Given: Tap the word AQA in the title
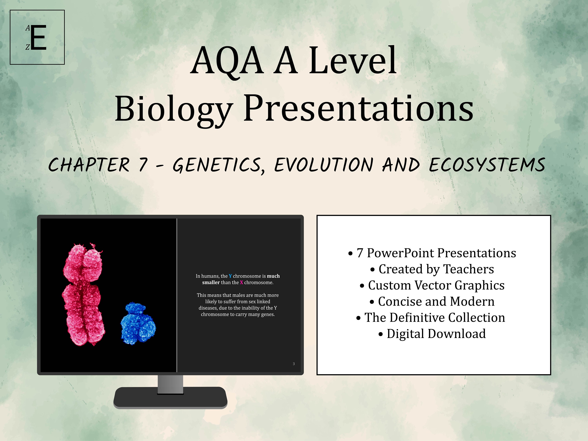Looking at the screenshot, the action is click(227, 61).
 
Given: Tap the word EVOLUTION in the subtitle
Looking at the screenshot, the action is click(324, 165).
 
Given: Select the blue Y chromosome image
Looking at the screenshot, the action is click(138, 323).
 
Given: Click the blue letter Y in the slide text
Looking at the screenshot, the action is click(230, 276).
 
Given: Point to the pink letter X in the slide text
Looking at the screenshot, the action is click(241, 282).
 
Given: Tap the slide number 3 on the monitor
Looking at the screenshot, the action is click(294, 364).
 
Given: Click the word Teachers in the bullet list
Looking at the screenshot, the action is click(469, 269).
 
